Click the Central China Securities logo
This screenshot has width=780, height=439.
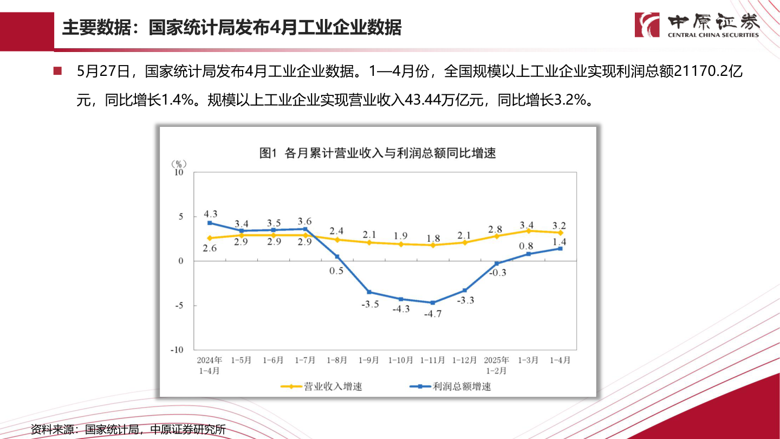697,25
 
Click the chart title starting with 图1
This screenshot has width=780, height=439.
378,153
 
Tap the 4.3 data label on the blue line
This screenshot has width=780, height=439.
211,214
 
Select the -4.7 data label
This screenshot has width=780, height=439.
432,313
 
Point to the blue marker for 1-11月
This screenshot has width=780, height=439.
432,302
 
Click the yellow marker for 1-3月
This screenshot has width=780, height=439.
528,231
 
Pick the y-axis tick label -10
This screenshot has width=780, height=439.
177,350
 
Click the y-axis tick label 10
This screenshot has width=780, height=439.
178,172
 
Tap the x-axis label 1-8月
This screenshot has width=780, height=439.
337,360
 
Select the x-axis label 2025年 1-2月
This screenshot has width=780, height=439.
496,365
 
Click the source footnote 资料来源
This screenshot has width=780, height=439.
128,430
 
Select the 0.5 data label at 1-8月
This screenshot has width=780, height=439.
336,270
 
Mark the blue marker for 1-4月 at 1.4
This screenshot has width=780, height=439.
560,249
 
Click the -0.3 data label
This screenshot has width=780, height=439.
497,273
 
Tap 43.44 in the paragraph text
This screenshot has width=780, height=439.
416,100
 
